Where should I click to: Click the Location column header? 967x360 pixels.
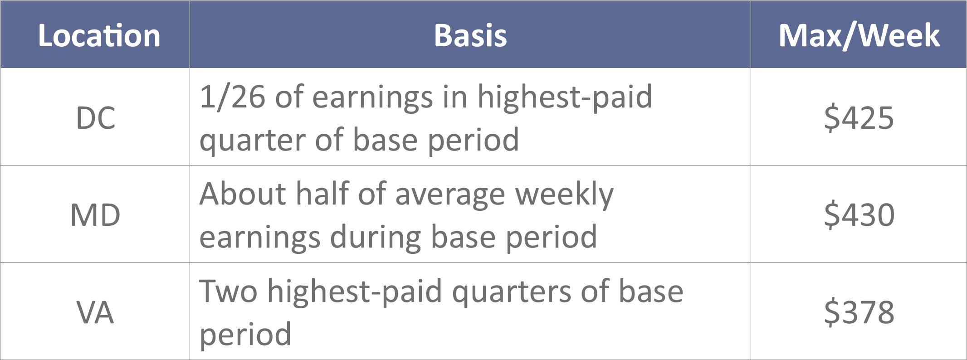tap(99, 35)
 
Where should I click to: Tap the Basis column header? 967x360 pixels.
tap(470, 35)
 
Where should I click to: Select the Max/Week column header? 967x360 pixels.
tap(859, 35)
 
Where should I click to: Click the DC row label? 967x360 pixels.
tap(96, 118)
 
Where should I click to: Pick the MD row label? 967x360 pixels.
tap(95, 215)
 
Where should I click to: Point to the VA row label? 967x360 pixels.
tap(95, 312)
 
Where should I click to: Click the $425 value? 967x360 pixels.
tap(859, 118)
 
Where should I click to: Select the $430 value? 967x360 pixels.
tap(859, 215)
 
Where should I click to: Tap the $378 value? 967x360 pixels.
tap(859, 312)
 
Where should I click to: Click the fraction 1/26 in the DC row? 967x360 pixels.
tap(232, 97)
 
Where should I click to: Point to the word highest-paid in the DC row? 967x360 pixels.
tap(565, 97)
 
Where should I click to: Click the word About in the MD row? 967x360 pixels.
tap(243, 194)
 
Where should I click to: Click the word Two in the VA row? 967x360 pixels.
tap(229, 291)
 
